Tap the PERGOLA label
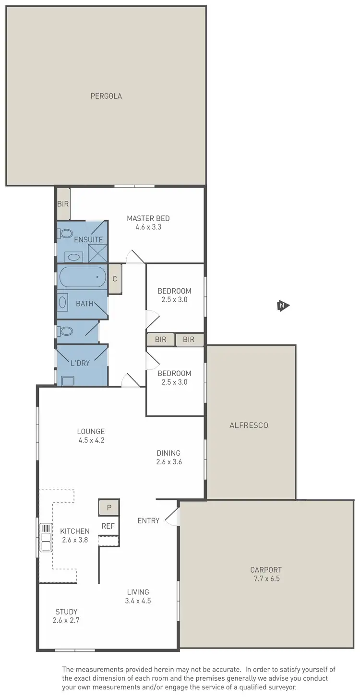(x=106, y=96)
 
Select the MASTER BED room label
(x=148, y=218)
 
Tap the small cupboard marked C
(x=115, y=279)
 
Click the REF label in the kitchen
(x=108, y=526)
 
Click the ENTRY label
(x=148, y=520)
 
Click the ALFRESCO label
(x=249, y=425)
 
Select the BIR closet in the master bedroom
(x=63, y=204)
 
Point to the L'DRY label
(x=80, y=363)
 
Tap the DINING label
(x=168, y=453)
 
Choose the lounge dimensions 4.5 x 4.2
(x=91, y=440)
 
